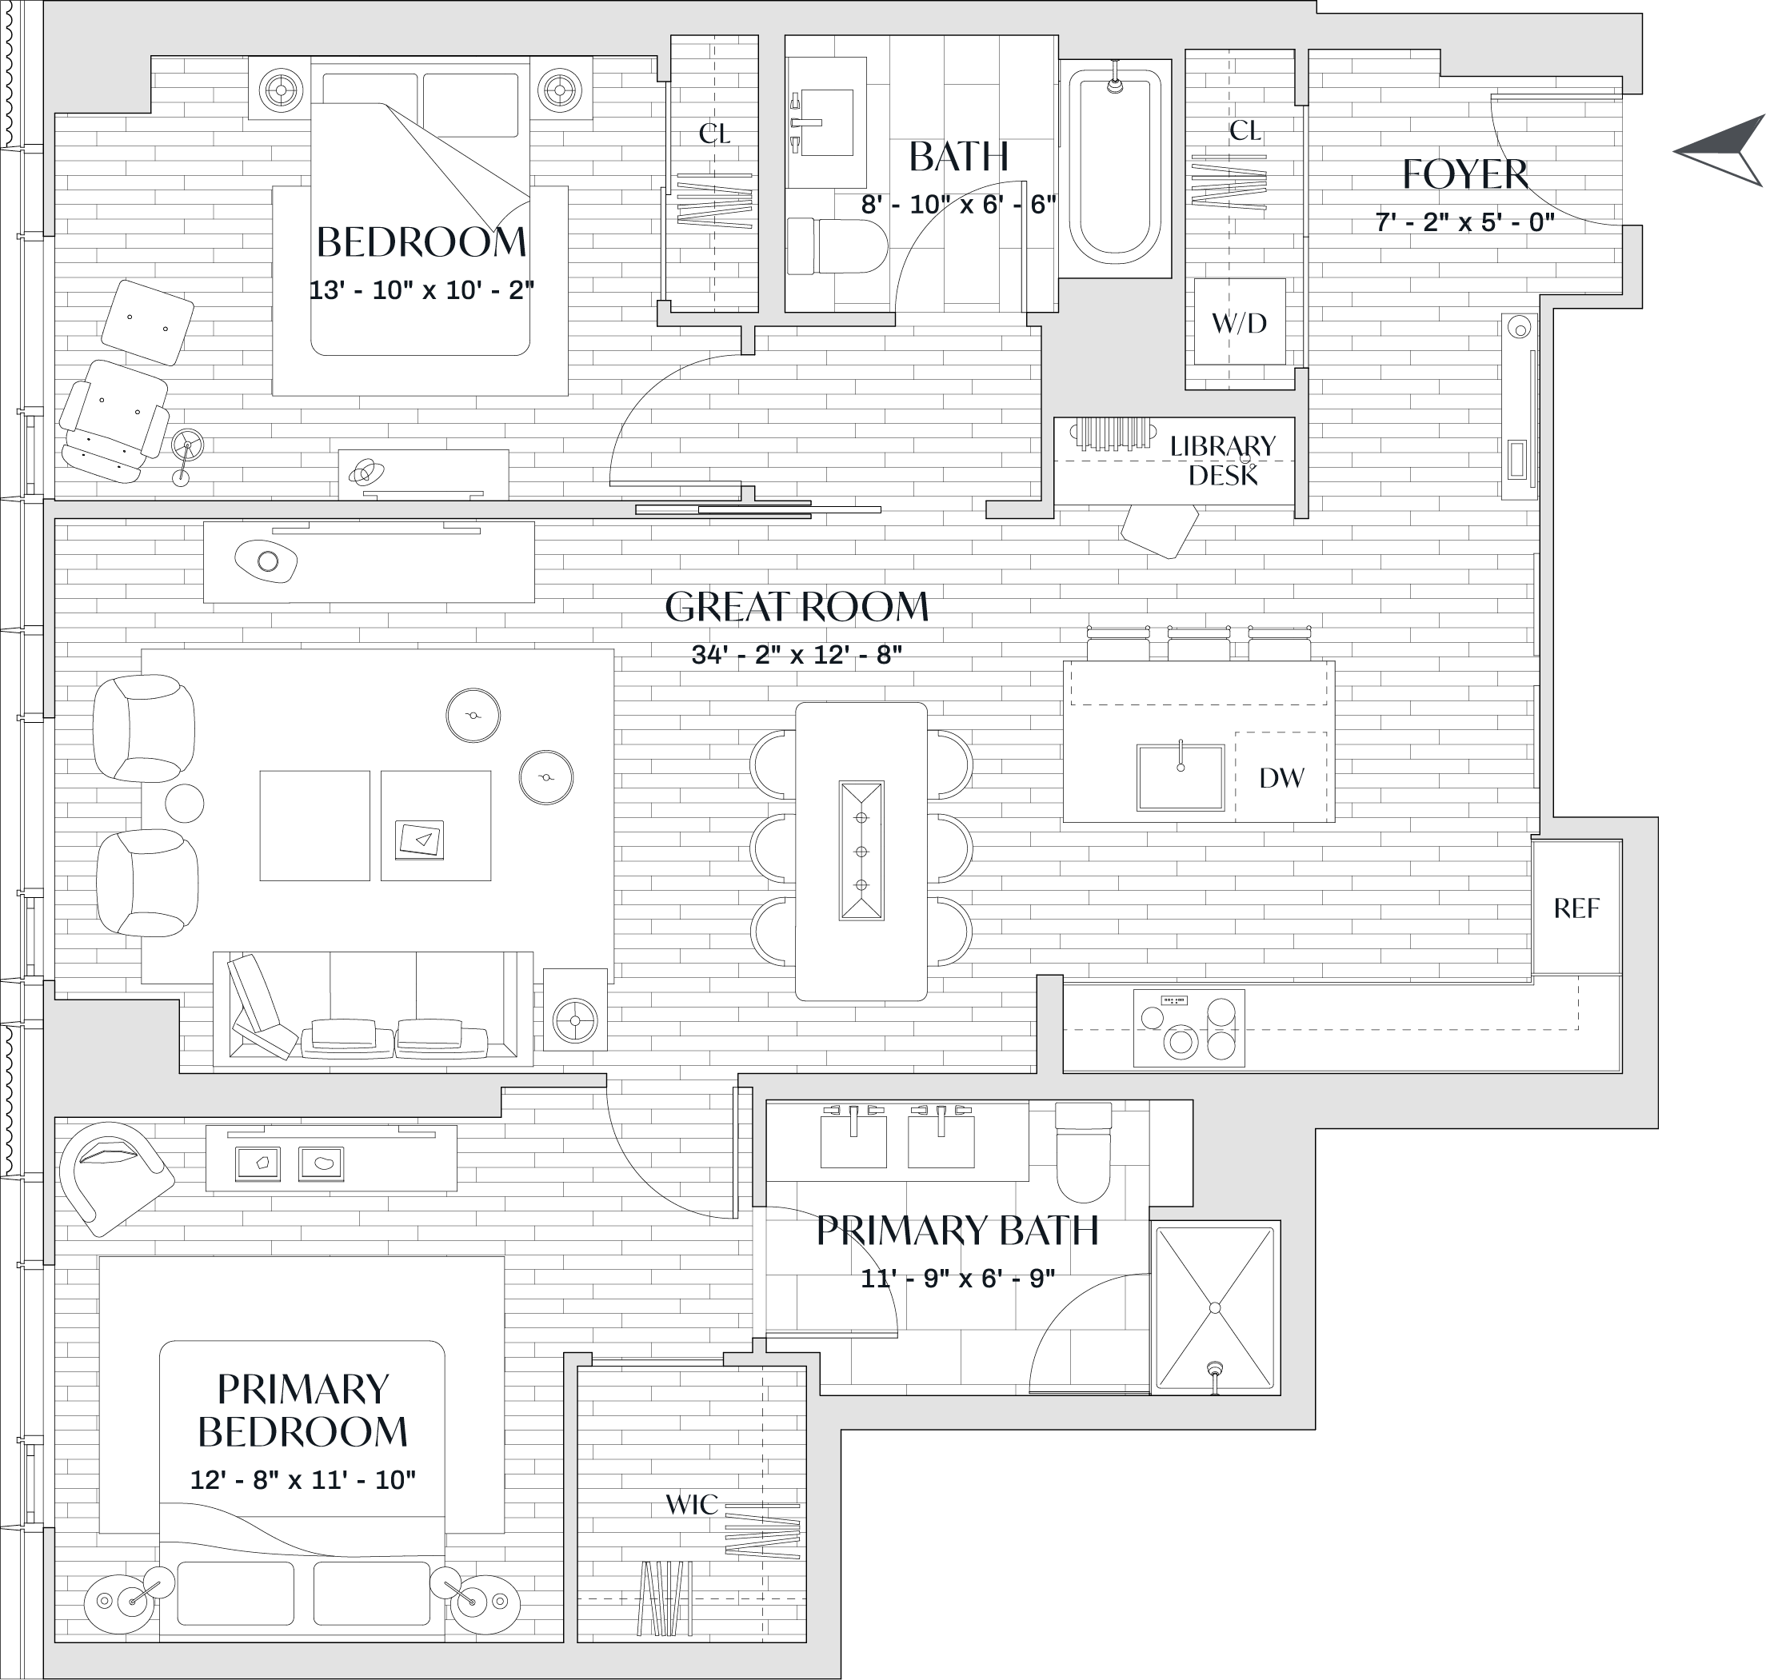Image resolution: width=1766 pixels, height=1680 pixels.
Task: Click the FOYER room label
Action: [x=1465, y=174]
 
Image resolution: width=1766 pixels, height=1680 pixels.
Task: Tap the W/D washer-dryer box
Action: [x=1240, y=322]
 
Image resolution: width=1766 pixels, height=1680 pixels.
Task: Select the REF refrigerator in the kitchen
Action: [x=1576, y=908]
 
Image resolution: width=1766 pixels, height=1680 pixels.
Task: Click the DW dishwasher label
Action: [x=1281, y=778]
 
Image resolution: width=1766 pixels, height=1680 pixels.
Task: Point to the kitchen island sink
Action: [x=1181, y=776]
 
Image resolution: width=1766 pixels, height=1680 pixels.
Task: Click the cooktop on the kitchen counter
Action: [x=1189, y=1028]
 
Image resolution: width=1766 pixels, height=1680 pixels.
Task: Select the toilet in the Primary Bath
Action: [x=1083, y=1156]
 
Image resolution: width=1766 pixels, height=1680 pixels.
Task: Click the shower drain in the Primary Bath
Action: [x=1215, y=1368]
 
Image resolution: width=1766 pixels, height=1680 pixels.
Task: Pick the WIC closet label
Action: [x=691, y=1504]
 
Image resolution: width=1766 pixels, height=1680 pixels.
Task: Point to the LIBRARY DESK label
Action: [x=1222, y=461]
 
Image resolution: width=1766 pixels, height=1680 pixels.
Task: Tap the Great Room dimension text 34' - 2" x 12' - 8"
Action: [x=796, y=655]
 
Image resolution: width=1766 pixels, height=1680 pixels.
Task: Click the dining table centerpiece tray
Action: [x=861, y=851]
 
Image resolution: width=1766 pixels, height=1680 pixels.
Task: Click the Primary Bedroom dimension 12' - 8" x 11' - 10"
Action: [x=302, y=1479]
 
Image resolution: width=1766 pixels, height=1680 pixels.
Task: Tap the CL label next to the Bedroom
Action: [x=713, y=134]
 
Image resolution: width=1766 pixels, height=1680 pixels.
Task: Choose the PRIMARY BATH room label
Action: [x=957, y=1231]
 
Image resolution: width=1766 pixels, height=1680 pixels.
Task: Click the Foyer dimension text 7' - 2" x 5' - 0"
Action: [x=1465, y=222]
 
